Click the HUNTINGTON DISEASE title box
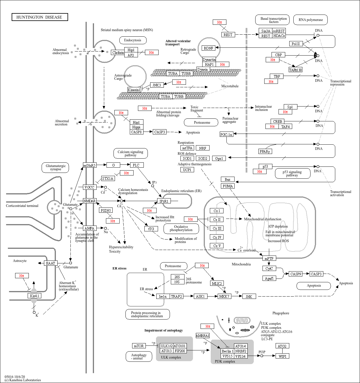click(40, 17)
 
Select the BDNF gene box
click(209, 48)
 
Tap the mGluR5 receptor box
click(90, 165)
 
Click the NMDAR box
click(90, 201)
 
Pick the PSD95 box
click(106, 210)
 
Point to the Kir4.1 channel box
click(34, 296)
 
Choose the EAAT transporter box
click(51, 263)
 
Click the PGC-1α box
click(226, 134)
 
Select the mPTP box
click(269, 258)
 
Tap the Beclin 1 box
click(228, 351)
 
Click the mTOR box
click(139, 346)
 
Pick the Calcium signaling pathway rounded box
click(131, 153)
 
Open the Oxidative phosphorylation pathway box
click(181, 228)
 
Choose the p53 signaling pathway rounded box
click(292, 173)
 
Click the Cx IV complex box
click(217, 237)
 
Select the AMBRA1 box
click(203, 336)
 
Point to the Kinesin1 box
click(134, 90)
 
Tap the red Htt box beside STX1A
click(127, 173)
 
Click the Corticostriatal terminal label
click(22, 206)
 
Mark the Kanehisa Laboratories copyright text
click(23, 380)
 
